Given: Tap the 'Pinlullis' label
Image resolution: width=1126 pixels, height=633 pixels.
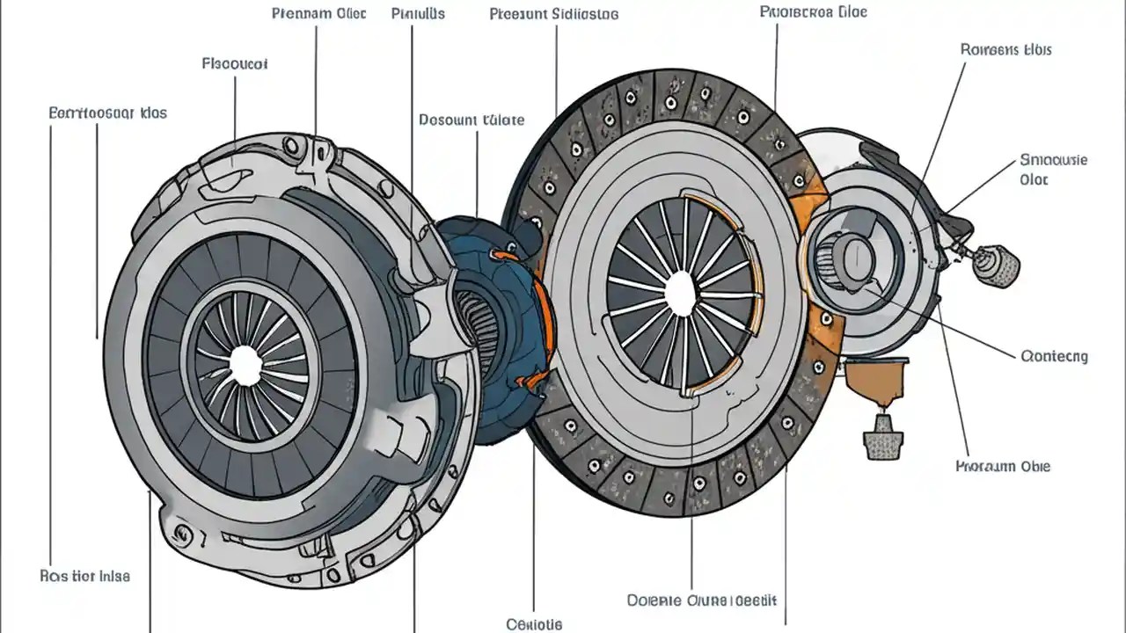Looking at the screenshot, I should [418, 14].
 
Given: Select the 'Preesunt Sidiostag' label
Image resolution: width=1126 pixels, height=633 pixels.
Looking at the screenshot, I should [553, 14].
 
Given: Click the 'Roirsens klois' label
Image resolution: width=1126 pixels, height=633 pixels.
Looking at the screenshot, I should [1005, 49].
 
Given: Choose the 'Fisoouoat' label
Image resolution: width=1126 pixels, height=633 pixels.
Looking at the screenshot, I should [235, 64].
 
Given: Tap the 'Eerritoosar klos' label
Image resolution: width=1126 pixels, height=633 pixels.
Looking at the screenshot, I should [107, 113].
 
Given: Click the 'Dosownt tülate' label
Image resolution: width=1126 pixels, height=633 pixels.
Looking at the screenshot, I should [472, 120].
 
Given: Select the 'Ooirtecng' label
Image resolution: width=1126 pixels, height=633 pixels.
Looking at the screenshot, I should [1055, 356].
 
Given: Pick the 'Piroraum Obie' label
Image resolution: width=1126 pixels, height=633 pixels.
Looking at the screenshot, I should [1002, 466].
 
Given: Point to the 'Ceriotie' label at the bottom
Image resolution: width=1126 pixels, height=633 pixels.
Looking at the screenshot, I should [534, 624].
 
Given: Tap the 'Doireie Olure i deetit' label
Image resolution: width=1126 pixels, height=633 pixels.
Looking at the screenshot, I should [702, 600].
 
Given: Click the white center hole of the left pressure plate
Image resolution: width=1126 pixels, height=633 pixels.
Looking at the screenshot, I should [245, 362].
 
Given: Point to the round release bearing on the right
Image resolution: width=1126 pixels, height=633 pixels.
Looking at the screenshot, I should [848, 255].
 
